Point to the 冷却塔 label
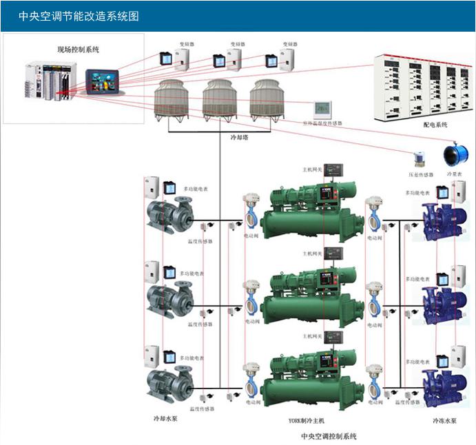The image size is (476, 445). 238,137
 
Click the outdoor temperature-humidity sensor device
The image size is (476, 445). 322,109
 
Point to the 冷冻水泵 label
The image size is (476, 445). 444,420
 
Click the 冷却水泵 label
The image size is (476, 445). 165,418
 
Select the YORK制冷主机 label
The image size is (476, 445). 307,420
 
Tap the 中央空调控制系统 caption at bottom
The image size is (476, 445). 329,436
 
